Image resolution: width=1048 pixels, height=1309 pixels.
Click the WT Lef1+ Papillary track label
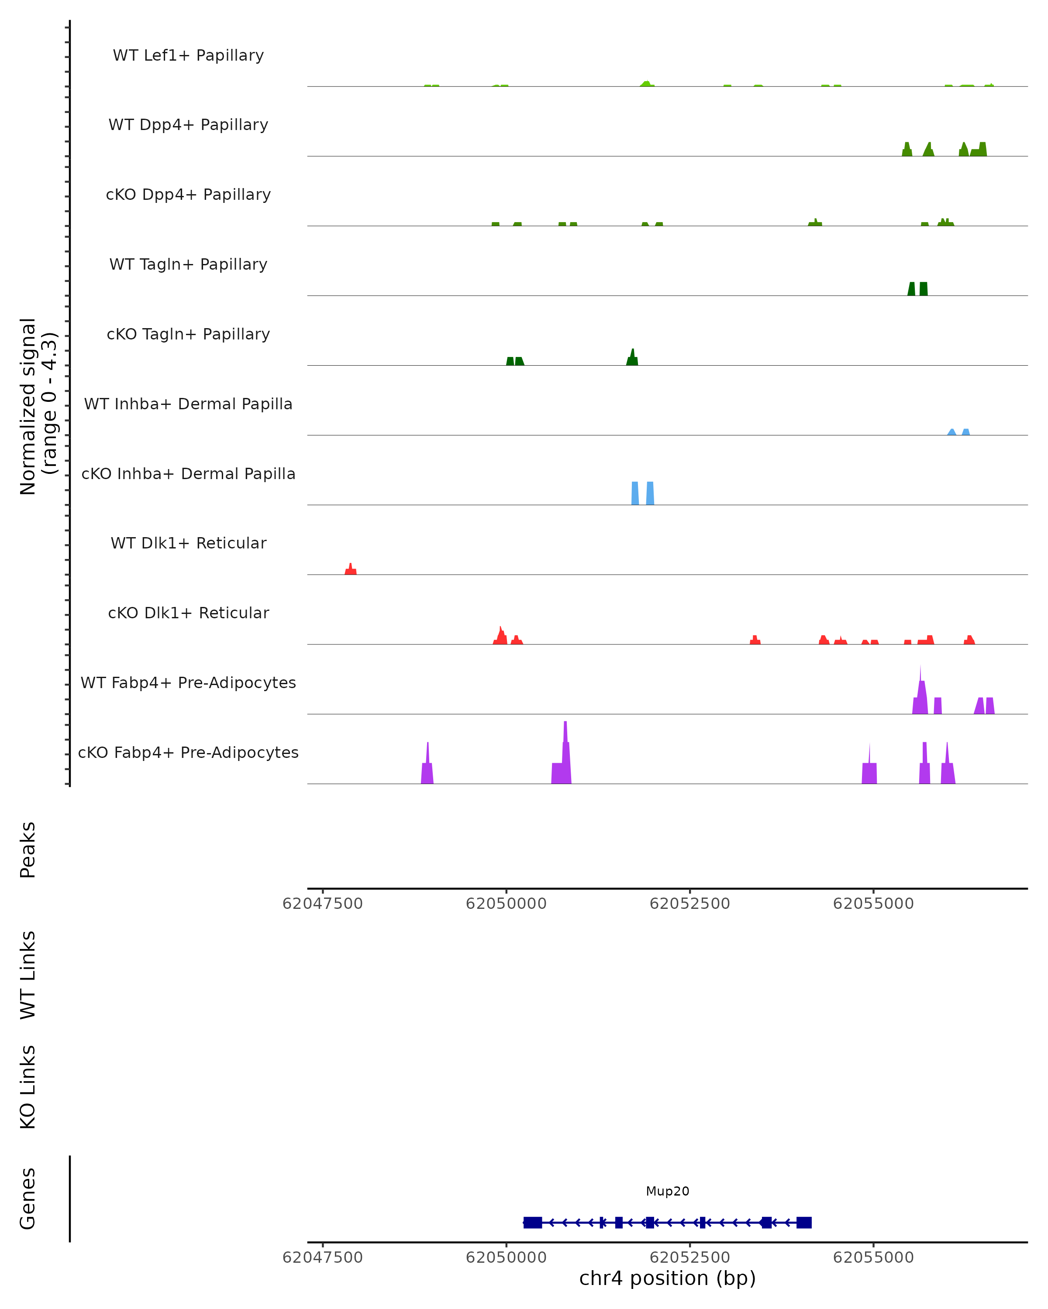point(188,55)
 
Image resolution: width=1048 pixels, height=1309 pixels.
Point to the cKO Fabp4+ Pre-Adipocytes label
point(188,752)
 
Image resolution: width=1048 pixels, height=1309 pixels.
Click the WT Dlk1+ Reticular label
point(188,543)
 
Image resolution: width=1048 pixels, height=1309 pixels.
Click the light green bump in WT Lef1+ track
point(646,84)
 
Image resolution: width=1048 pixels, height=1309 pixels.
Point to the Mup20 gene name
point(667,1191)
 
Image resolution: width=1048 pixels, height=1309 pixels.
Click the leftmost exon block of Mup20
point(532,1222)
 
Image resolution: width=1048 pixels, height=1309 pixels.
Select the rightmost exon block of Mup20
point(804,1222)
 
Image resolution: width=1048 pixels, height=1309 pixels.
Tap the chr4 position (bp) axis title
point(667,1278)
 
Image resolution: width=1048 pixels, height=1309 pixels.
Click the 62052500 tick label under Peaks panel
point(689,904)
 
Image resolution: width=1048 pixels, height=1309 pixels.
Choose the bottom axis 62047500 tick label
point(323,1257)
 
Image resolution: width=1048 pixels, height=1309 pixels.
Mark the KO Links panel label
point(28,1087)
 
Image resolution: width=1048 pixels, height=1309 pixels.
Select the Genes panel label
point(28,1199)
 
